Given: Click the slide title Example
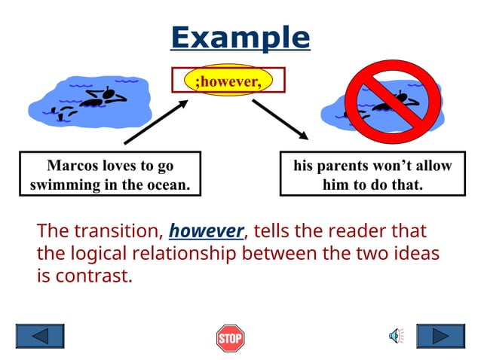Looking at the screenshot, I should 240,37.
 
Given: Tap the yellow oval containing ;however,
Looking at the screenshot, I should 228,80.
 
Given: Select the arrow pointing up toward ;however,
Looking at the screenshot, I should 156,121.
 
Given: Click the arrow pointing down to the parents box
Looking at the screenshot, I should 280,119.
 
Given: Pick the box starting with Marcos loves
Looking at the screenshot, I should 110,174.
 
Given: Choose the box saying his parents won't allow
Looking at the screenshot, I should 372,174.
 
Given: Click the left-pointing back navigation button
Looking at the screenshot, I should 40,336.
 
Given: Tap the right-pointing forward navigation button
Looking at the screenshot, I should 440,336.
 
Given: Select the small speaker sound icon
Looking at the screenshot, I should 396,336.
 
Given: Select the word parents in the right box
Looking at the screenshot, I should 345,166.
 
